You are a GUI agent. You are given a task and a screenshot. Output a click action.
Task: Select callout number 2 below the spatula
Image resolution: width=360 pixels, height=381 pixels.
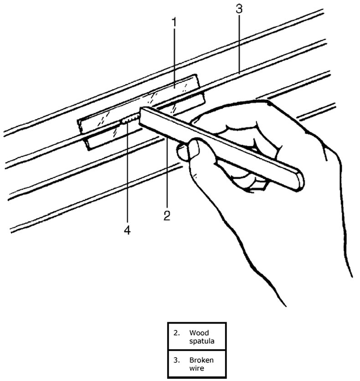point(167,215)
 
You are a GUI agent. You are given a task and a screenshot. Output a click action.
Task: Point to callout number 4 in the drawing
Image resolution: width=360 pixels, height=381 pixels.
point(127,231)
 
